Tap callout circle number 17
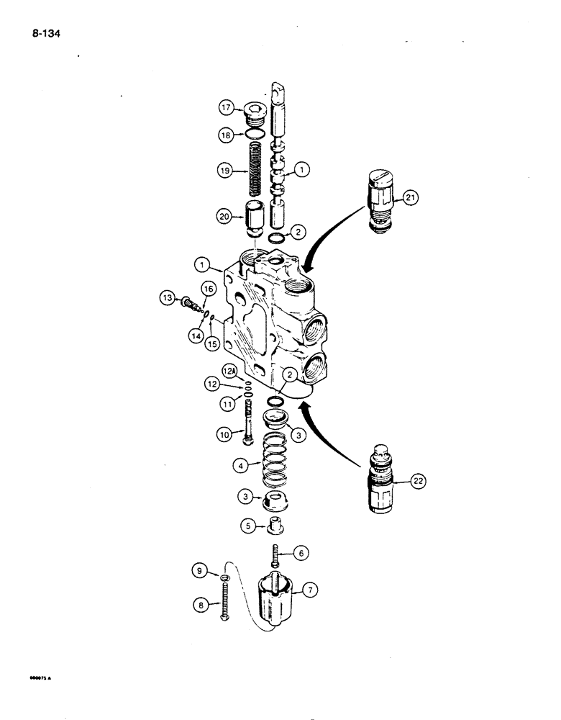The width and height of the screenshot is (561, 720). click(x=227, y=109)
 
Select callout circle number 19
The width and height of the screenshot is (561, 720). click(x=227, y=171)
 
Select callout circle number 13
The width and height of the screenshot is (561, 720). click(x=165, y=297)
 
